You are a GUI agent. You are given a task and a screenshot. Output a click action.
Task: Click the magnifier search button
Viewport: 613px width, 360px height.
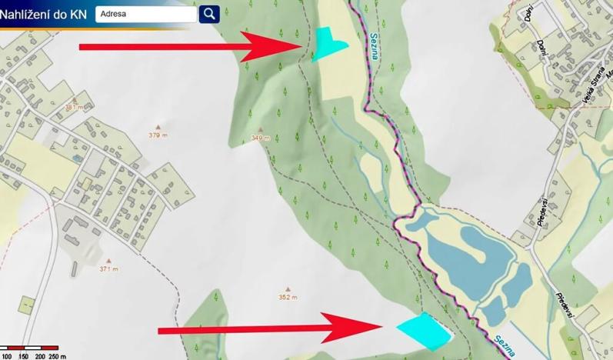[209, 14]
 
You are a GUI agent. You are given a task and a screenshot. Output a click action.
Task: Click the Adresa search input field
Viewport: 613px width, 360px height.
[146, 14]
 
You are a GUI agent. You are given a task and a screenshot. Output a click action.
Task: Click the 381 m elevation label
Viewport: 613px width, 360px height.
[74, 107]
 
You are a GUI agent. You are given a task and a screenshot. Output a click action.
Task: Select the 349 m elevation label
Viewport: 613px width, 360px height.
[261, 138]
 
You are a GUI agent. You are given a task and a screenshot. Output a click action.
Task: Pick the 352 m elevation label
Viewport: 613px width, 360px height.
[288, 296]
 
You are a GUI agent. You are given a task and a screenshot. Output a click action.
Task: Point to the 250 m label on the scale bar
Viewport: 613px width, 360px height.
[57, 356]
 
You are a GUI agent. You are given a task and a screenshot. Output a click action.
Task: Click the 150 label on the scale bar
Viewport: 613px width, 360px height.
[22, 356]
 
